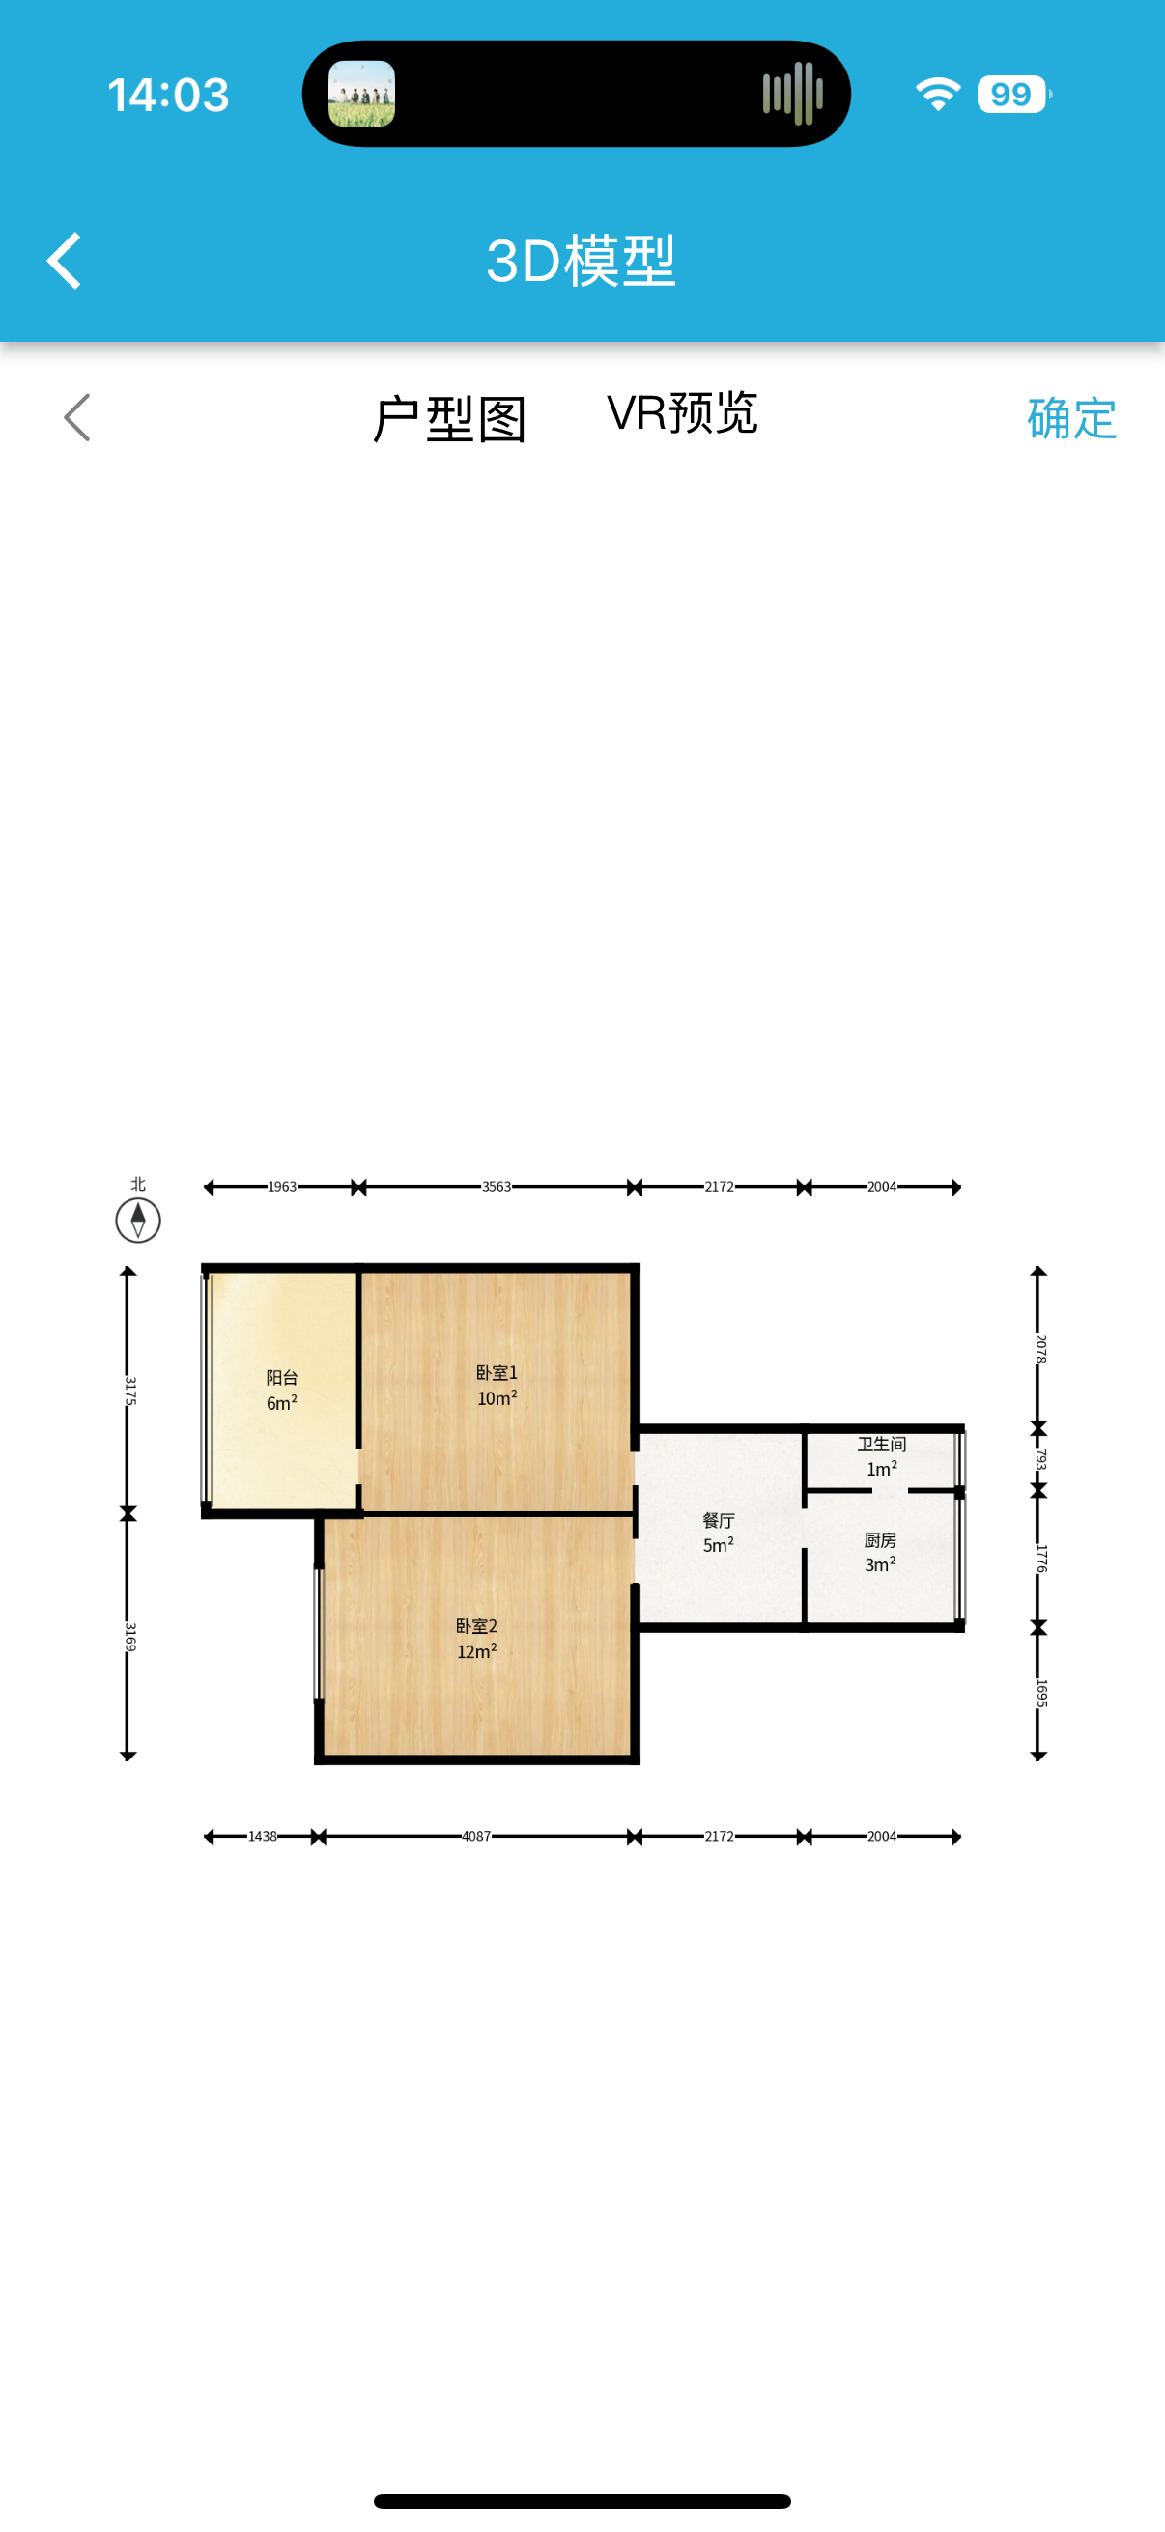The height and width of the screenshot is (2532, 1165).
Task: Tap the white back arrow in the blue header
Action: [65, 262]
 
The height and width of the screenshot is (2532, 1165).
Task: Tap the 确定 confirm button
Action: [1070, 419]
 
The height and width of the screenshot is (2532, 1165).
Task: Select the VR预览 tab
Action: [681, 414]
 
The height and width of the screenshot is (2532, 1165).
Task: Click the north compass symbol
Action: [137, 1220]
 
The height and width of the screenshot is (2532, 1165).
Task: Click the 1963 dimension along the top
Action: [282, 1187]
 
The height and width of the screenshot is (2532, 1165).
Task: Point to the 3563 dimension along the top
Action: [497, 1187]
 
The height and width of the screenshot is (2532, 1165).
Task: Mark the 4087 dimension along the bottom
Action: [477, 1836]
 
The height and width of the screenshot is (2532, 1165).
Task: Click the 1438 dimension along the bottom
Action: [263, 1836]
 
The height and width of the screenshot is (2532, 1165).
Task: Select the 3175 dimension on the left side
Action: [129, 1390]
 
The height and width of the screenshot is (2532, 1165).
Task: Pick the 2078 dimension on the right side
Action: [1040, 1347]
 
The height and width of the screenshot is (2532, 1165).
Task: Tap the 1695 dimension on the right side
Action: [1040, 1693]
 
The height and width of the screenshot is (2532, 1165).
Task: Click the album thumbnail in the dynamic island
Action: [362, 95]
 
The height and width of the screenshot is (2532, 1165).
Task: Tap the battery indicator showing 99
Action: [1012, 95]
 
